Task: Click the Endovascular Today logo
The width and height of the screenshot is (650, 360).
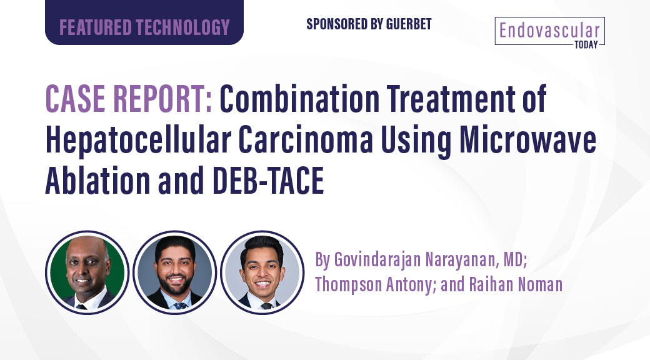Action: tap(550, 31)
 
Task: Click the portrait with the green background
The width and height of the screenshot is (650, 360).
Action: tap(87, 272)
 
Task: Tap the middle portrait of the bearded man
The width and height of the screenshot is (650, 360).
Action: tap(174, 272)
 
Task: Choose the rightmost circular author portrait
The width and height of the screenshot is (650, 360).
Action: tap(262, 272)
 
